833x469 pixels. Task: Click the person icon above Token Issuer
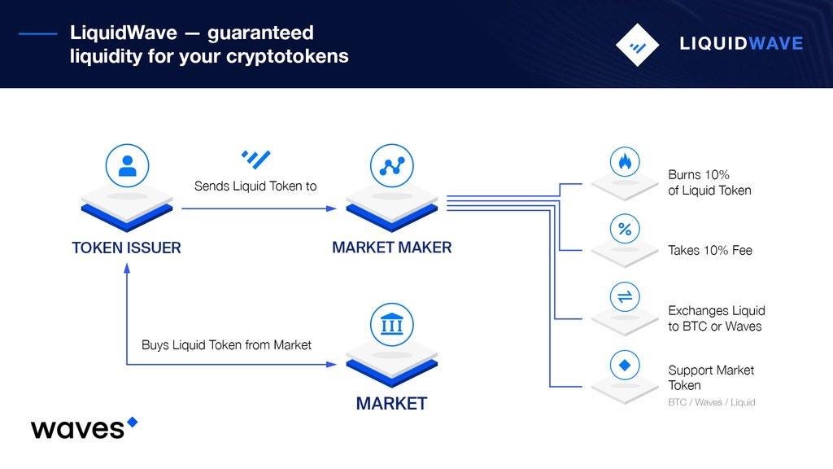127,166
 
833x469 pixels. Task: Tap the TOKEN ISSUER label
126,248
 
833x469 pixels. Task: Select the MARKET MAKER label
391,248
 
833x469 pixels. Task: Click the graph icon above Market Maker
391,166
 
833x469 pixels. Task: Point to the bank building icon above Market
391,325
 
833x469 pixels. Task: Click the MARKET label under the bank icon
391,403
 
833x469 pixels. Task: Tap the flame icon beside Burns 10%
625,162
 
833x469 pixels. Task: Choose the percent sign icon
625,230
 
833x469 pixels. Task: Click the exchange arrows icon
625,297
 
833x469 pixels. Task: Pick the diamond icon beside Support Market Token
625,365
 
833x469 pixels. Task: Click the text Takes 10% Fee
710,251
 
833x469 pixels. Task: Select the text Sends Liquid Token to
255,186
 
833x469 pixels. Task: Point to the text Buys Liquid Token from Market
226,345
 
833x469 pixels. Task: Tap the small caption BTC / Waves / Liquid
712,402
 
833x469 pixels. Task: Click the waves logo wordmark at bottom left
78,428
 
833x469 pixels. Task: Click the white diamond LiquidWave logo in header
637,44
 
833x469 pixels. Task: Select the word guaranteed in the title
259,33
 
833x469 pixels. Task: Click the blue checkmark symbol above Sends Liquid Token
255,159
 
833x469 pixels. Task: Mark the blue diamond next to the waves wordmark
133,422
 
